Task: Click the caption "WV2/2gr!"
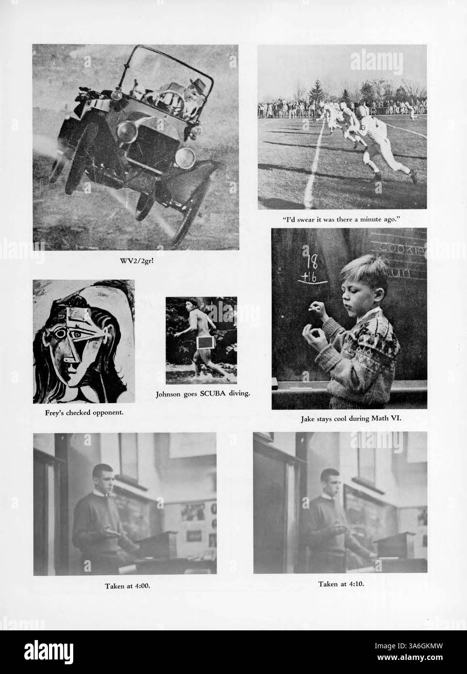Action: click(x=136, y=262)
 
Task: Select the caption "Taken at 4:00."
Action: click(x=128, y=586)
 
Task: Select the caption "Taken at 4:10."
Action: click(x=341, y=584)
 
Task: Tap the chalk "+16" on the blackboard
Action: click(x=309, y=277)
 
